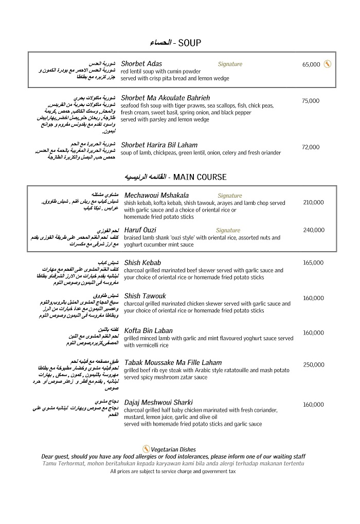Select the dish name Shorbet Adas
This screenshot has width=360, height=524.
coord(141,64)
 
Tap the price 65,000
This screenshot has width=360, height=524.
coord(311,64)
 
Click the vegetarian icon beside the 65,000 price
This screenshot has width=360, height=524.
coord(327,64)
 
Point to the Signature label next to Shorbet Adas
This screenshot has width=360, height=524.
coord(230,64)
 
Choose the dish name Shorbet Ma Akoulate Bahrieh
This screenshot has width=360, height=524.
coord(165,98)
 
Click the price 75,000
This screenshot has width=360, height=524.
coord(311,101)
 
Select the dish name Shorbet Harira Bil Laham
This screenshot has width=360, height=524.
coord(159,145)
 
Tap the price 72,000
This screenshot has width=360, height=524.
coord(311,147)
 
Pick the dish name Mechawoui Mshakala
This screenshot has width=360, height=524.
coord(156,195)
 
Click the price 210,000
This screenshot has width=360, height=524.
coord(313,202)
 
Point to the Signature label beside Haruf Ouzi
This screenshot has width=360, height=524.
coord(228,230)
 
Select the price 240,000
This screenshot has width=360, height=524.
coord(313,230)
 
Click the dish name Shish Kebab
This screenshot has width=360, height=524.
coord(142,263)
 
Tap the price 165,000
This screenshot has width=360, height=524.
coord(313,263)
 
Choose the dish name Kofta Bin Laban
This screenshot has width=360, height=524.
coord(148,330)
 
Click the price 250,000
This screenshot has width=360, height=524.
coord(313,364)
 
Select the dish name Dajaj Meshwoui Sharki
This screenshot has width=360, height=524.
coord(158,402)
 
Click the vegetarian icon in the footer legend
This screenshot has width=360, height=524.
coord(146,449)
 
